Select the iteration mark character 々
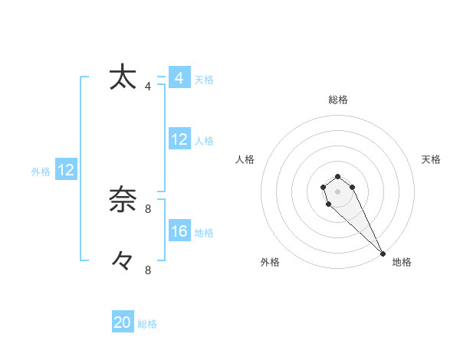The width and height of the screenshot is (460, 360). coord(123,261)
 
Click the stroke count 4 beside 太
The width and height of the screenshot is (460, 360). coord(148,87)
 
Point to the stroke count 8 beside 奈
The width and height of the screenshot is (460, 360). coord(148,208)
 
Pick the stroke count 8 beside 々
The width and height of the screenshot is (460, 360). coord(148,270)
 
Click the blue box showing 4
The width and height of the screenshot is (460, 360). coord(179,78)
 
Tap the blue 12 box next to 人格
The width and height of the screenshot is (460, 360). coord(179,139)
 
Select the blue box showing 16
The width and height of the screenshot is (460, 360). coord(179,231)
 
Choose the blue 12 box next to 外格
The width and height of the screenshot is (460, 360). coord(65,170)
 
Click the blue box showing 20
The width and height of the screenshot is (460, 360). coord(123,322)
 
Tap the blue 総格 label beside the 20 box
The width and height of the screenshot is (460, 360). coord(147,324)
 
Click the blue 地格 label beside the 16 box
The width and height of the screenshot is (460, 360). coord(204,233)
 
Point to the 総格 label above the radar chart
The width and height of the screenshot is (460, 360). coord(338,100)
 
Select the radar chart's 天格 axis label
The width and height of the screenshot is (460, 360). coord(431,159)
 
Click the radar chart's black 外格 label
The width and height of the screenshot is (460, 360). coord(270,262)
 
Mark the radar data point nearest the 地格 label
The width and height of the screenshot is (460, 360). coord(383,254)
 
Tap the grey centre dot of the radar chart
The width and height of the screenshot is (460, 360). coord(338,191)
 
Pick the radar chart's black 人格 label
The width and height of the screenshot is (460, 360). coord(245,159)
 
